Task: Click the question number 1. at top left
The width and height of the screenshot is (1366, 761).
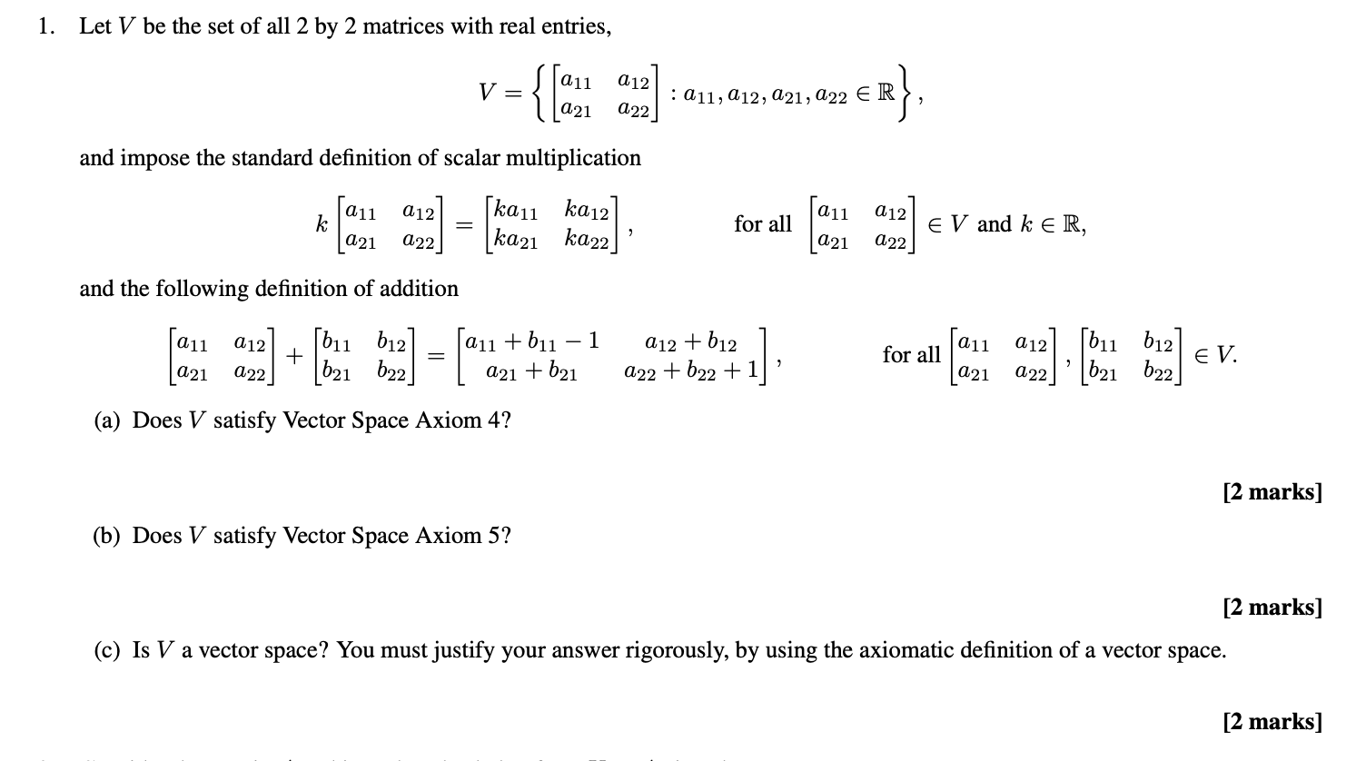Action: tap(45, 26)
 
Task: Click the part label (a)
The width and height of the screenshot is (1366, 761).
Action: tap(108, 420)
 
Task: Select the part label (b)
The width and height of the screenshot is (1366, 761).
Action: tap(108, 536)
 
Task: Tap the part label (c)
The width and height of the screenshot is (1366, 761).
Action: tap(108, 650)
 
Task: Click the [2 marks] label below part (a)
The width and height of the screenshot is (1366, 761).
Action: tap(1272, 492)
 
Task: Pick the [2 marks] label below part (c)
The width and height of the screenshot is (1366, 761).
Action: tap(1272, 722)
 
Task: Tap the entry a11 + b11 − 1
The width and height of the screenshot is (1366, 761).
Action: tap(532, 341)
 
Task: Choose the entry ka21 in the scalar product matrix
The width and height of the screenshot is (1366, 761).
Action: tap(514, 242)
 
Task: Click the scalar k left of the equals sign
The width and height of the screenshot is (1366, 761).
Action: tap(321, 224)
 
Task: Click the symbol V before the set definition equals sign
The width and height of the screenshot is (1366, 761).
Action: tap(488, 93)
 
